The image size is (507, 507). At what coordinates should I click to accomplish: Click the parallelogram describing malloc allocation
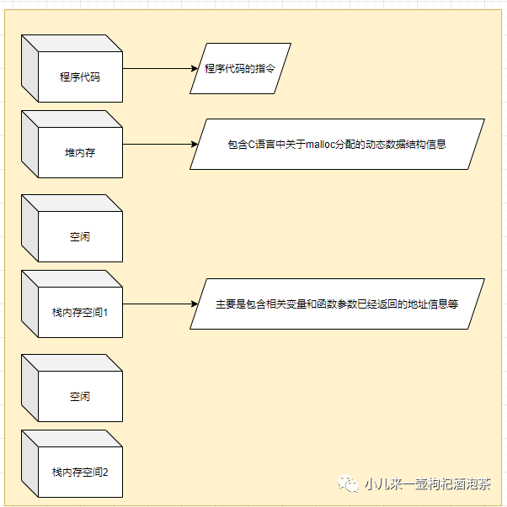(x=337, y=144)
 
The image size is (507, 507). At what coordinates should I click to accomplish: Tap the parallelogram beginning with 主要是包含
(x=337, y=304)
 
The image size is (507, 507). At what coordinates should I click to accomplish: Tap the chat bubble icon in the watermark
(x=348, y=483)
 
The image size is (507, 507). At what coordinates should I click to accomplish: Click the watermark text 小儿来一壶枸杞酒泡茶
(x=426, y=483)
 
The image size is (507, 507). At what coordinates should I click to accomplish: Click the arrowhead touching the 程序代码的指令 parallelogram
(x=192, y=68)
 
